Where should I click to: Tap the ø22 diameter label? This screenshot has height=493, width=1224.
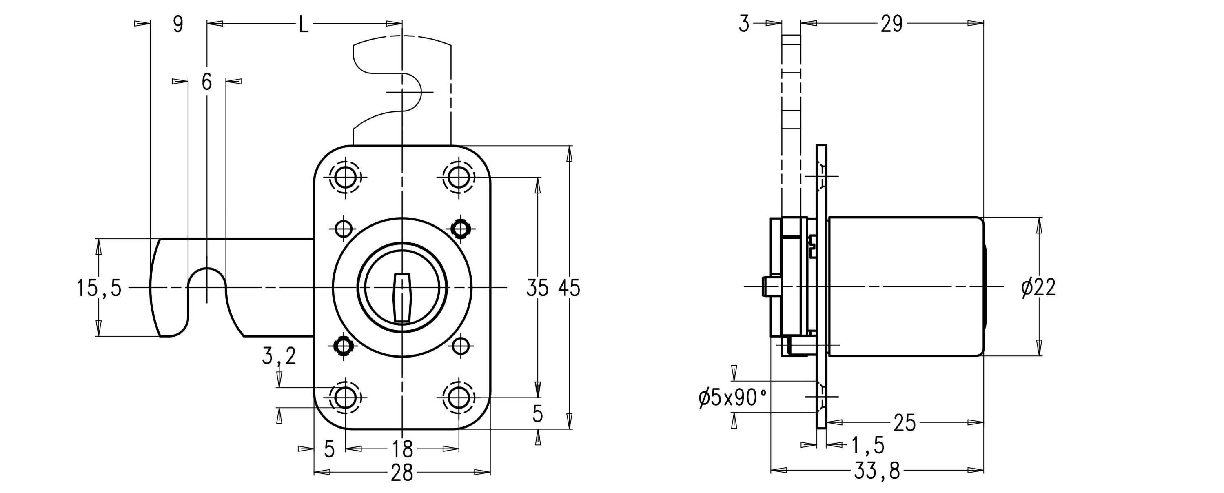[1039, 288]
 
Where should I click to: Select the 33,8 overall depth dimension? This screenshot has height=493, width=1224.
[877, 484]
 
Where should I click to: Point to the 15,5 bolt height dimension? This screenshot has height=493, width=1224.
[99, 288]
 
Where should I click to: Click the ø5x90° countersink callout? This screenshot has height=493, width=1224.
[733, 398]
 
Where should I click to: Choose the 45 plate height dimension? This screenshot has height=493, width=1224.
[569, 288]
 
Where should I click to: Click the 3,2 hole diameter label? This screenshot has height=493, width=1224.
[279, 356]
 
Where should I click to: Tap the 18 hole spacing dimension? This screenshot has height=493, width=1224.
[402, 448]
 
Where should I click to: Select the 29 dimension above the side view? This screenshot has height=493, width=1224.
[891, 24]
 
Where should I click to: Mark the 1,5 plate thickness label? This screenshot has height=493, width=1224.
[868, 446]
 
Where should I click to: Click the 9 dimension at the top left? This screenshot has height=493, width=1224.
[178, 24]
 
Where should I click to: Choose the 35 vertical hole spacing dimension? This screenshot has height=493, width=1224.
[537, 288]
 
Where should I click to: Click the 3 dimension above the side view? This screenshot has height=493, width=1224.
[744, 24]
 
